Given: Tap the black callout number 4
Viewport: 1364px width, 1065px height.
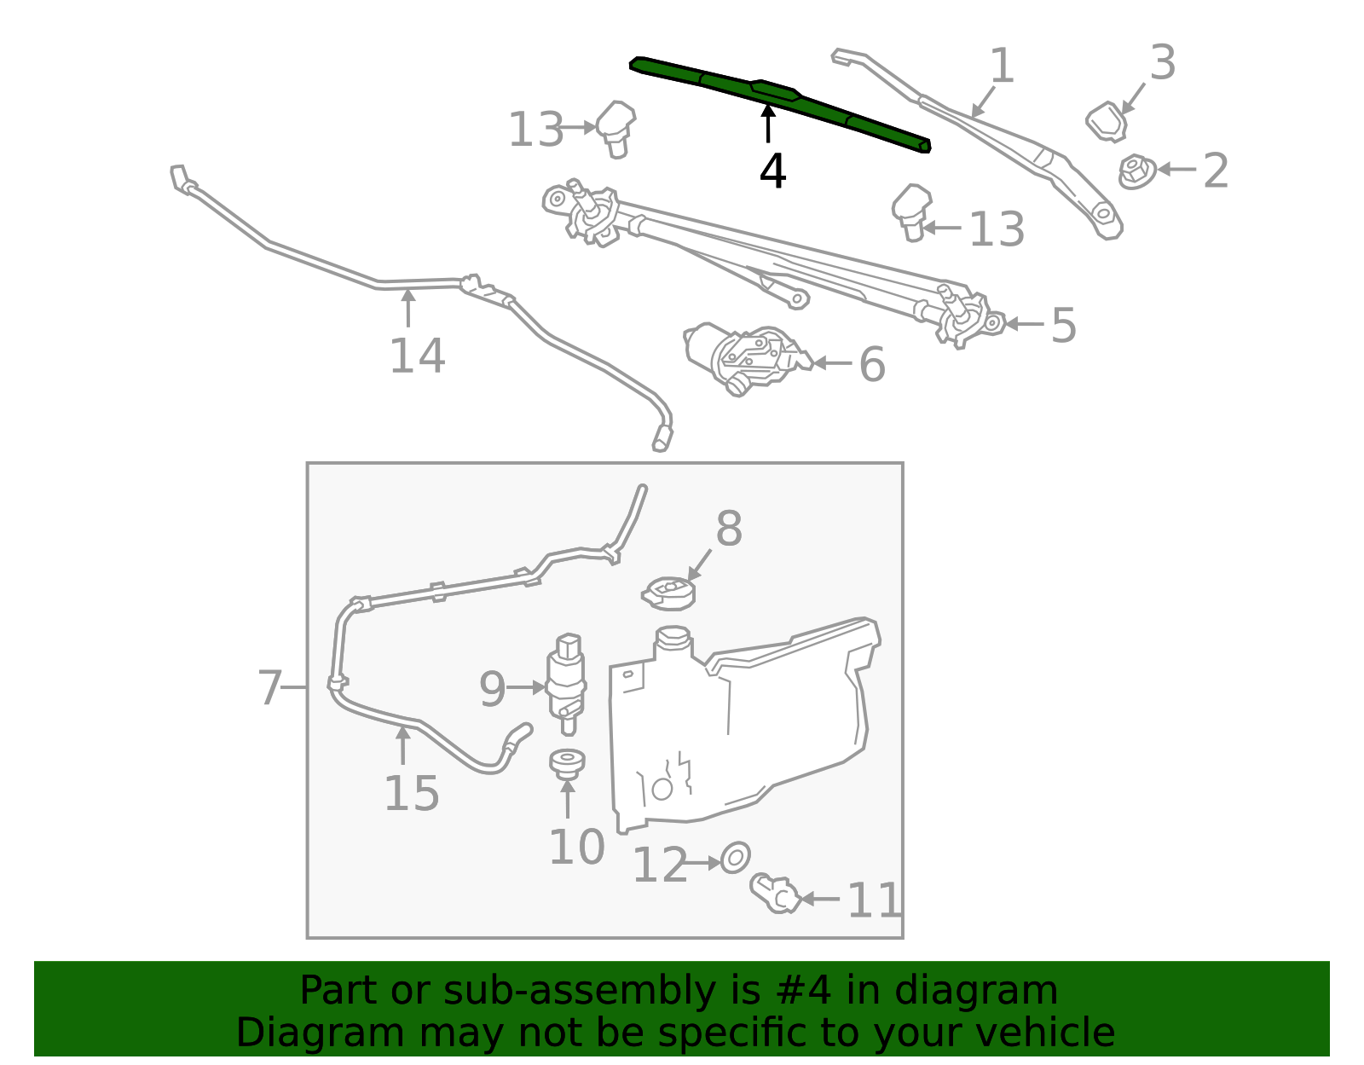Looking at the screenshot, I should coord(772,171).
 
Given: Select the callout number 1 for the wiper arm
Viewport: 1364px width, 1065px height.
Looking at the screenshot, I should coord(1003,67).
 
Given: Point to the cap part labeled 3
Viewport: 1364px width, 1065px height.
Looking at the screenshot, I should coord(1107,121).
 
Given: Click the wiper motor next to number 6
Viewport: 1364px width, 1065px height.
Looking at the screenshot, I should coord(742,358).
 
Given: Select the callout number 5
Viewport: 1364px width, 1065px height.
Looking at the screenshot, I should coord(1063,325).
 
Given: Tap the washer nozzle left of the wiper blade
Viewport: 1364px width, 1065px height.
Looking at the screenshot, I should coord(616,128).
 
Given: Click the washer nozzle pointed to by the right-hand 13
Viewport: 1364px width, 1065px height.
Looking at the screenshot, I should coord(911,211).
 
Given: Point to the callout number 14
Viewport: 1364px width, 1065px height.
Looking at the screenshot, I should coord(417,356).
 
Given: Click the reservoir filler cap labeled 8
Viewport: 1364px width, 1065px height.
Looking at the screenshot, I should coord(669,592).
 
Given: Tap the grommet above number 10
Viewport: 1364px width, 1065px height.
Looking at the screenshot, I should coord(567,763).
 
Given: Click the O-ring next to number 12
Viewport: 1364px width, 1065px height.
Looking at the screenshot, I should coord(735,858).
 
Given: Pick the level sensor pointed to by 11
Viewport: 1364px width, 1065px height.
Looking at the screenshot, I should coord(777,894).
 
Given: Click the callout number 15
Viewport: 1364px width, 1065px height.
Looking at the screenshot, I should coord(411,794).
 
